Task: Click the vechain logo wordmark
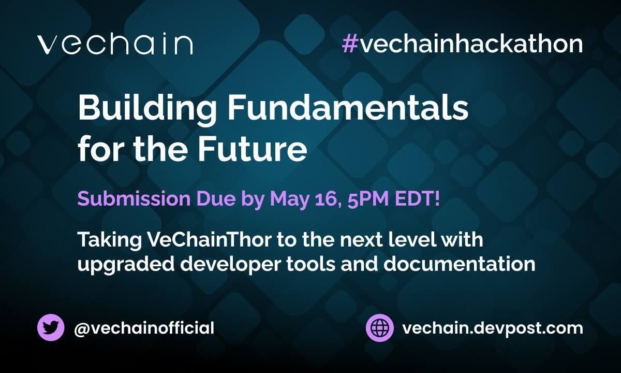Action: click(x=115, y=45)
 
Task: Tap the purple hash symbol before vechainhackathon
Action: click(x=350, y=45)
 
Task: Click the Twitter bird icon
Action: click(x=51, y=328)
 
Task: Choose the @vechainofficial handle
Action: click(x=144, y=328)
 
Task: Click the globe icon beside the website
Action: click(x=380, y=328)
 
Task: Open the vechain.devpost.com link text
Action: click(x=492, y=328)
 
